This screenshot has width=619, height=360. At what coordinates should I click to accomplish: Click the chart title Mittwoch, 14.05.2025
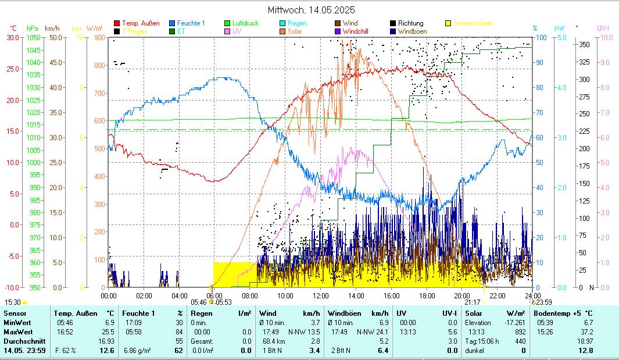311,10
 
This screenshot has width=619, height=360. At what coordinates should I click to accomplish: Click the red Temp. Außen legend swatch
117,23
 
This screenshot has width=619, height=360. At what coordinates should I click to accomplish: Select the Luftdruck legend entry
245,23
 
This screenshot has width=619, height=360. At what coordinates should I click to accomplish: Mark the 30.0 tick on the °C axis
13,38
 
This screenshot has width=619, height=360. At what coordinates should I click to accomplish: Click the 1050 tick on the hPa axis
33,38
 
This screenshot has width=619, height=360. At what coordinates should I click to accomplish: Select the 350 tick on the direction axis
585,45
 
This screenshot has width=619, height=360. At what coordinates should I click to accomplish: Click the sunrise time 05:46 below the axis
199,302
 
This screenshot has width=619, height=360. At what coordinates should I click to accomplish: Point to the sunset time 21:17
472,302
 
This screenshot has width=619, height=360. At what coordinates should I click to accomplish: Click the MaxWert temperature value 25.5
109,332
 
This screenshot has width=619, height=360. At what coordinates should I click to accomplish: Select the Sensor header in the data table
15,313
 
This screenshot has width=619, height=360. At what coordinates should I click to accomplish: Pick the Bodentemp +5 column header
561,313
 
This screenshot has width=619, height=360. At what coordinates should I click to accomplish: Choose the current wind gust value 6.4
383,351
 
